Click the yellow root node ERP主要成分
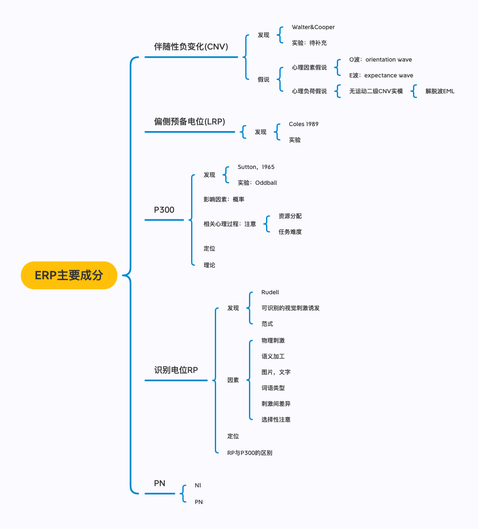(69, 275)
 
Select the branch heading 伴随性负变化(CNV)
(191, 47)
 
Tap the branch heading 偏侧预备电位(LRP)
(189, 122)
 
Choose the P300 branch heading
(164, 210)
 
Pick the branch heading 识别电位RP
(176, 370)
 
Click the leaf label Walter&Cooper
(313, 27)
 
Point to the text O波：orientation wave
(381, 60)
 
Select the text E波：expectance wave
(381, 75)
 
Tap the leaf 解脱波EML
(440, 91)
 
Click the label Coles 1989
(304, 124)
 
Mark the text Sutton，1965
(256, 167)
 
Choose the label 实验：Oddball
(257, 183)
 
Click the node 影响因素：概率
(224, 199)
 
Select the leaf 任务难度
(290, 232)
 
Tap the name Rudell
(270, 292)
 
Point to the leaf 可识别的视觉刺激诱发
(291, 308)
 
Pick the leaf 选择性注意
(276, 420)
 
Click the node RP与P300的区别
(250, 453)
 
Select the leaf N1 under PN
(198, 485)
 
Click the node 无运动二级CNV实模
(376, 91)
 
